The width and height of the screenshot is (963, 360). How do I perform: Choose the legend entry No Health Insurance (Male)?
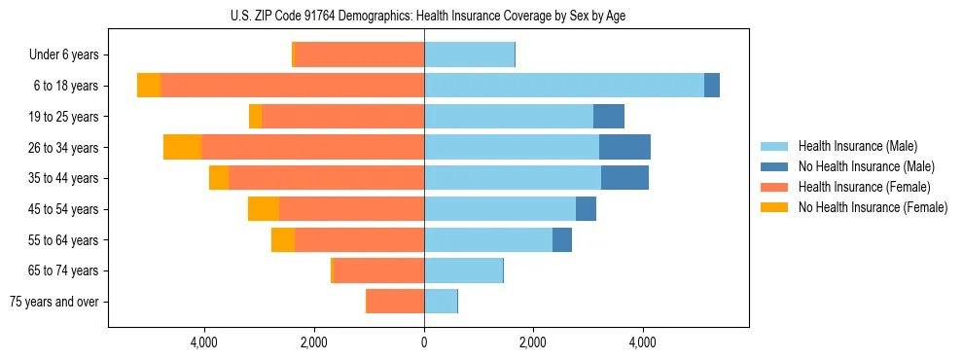coord(866,166)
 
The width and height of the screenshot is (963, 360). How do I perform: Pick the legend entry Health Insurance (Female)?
coord(864,187)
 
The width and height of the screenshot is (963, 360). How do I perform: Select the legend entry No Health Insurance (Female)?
coord(873,207)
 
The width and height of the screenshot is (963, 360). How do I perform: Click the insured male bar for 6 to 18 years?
coord(564,86)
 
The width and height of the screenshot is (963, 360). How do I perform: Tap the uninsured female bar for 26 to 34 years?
coord(182,148)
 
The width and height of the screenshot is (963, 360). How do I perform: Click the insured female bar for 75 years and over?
coord(395,302)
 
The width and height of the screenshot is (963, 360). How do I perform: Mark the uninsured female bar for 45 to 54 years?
coord(264,209)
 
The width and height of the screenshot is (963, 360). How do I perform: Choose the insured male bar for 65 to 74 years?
coord(463,270)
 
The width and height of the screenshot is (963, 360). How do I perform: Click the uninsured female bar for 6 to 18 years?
coord(149,86)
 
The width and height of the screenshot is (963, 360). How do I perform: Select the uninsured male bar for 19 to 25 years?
coord(609,117)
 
